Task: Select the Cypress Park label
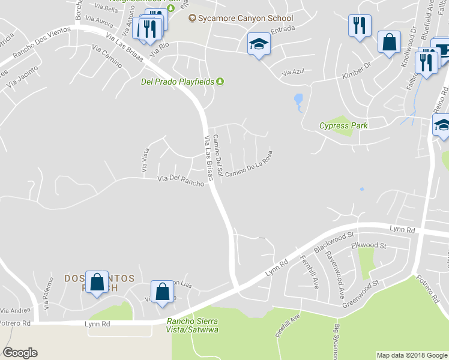(343, 126)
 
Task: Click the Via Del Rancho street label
(181, 180)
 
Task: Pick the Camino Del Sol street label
(219, 155)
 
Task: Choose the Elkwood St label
(369, 245)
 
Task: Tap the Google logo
(20, 353)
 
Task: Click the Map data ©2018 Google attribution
(412, 355)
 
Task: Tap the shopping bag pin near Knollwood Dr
(390, 42)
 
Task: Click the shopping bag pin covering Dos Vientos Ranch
(97, 282)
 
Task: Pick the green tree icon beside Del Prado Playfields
(220, 82)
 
